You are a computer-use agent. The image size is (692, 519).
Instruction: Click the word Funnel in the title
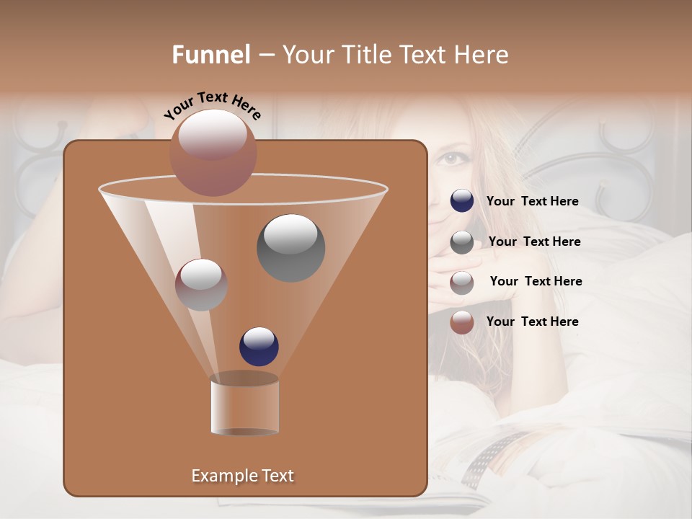coord(211,55)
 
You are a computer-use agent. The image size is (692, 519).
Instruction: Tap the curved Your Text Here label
coord(213,106)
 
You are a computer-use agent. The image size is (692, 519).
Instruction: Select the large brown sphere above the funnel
coord(213,152)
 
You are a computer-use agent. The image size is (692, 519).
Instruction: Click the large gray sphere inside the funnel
coord(290,247)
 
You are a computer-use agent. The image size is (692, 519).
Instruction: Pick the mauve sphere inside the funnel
coord(201,285)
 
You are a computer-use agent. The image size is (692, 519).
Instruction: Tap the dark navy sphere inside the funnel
coord(259,346)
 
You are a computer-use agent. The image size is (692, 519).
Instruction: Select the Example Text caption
coord(242,476)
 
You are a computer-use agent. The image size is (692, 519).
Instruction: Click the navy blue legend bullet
coord(462,201)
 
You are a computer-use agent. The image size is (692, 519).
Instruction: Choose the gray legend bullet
coord(462,242)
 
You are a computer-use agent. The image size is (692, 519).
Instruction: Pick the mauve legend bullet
coord(462,282)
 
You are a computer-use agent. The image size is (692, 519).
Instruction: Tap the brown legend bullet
coord(462,322)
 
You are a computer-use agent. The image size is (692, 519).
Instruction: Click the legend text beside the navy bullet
coord(532,202)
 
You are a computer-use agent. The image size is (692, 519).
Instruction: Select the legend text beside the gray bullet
coord(534,241)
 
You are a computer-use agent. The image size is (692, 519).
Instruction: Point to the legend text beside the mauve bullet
coord(536,281)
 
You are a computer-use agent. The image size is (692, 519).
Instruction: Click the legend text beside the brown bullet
coord(532,321)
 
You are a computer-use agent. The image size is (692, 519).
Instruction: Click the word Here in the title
coord(482,55)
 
